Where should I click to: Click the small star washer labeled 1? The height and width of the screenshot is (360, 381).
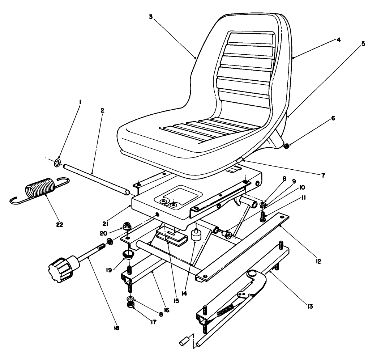(x=57, y=164)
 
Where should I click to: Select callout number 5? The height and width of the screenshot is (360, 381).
(x=363, y=44)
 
